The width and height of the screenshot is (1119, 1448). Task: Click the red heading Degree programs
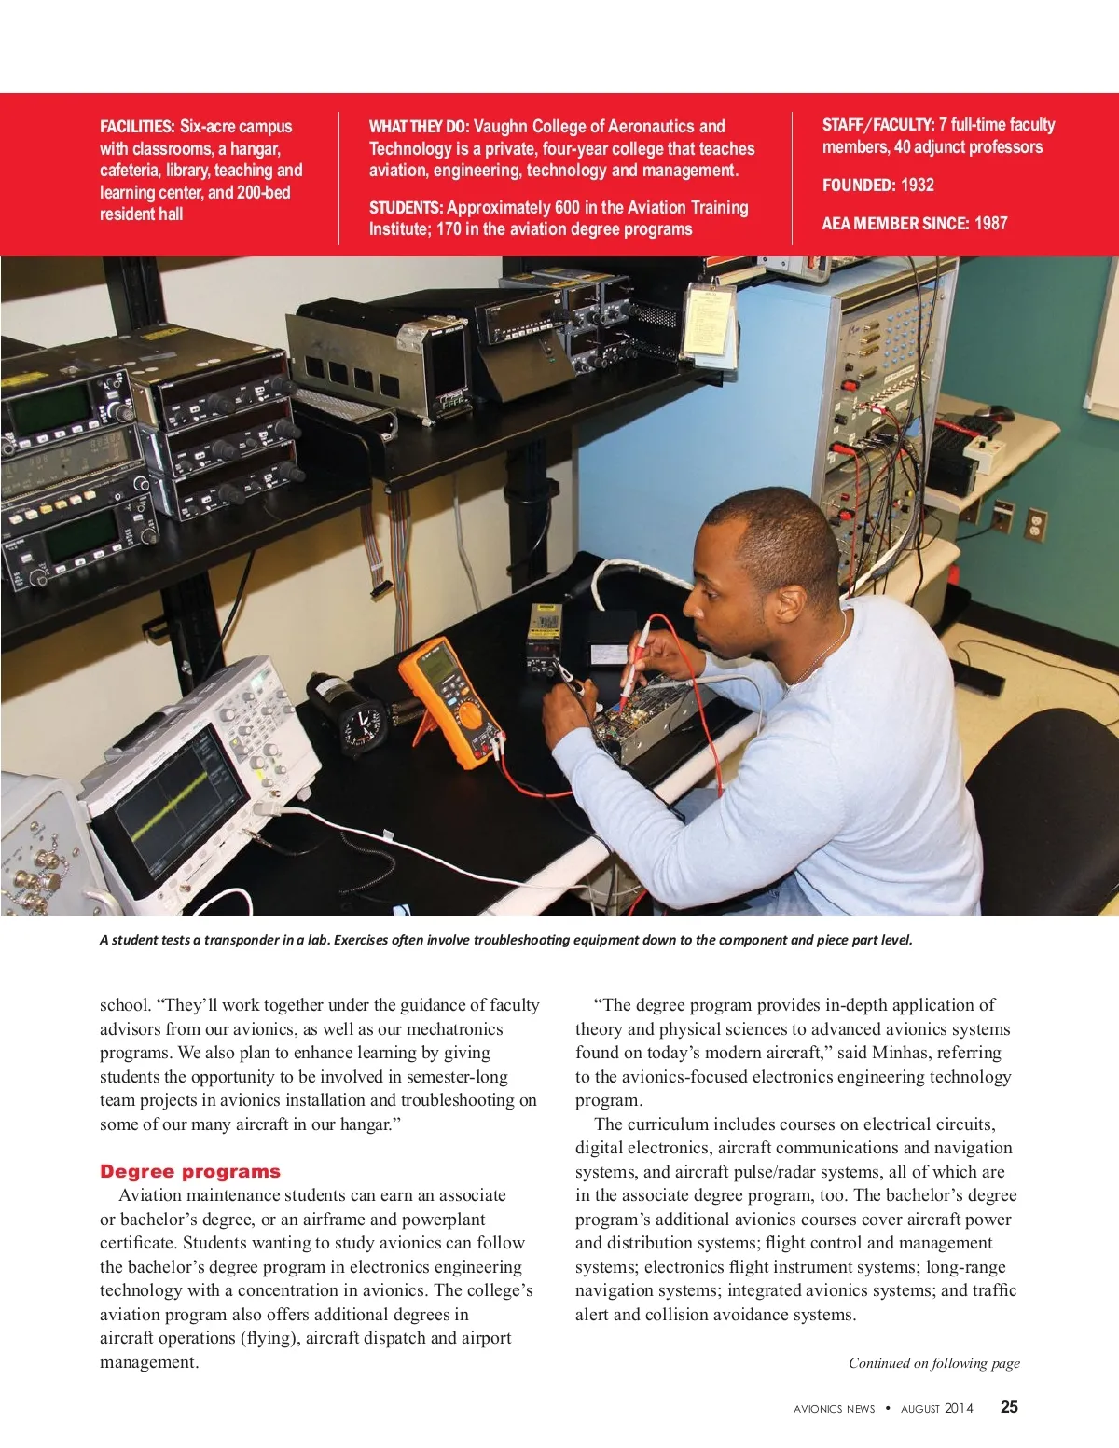click(x=190, y=1171)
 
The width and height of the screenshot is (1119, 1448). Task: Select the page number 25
click(x=1009, y=1407)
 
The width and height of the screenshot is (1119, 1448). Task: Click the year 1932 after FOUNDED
click(x=917, y=185)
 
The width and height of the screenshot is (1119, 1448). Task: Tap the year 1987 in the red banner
click(x=990, y=223)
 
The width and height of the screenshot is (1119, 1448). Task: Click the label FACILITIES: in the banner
click(x=137, y=126)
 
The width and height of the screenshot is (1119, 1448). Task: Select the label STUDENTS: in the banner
click(x=406, y=207)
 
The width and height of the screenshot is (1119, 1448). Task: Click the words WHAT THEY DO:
click(x=419, y=126)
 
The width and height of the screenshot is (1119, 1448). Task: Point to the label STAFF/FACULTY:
click(x=877, y=124)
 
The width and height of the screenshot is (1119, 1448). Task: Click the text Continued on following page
click(x=933, y=1363)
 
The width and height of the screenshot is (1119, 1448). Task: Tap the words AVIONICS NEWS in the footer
click(x=834, y=1409)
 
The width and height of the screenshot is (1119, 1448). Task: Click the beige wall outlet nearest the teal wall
click(x=1035, y=524)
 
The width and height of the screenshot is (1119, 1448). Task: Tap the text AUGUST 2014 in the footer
click(x=936, y=1409)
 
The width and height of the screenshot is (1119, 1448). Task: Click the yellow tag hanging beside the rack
click(x=708, y=321)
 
